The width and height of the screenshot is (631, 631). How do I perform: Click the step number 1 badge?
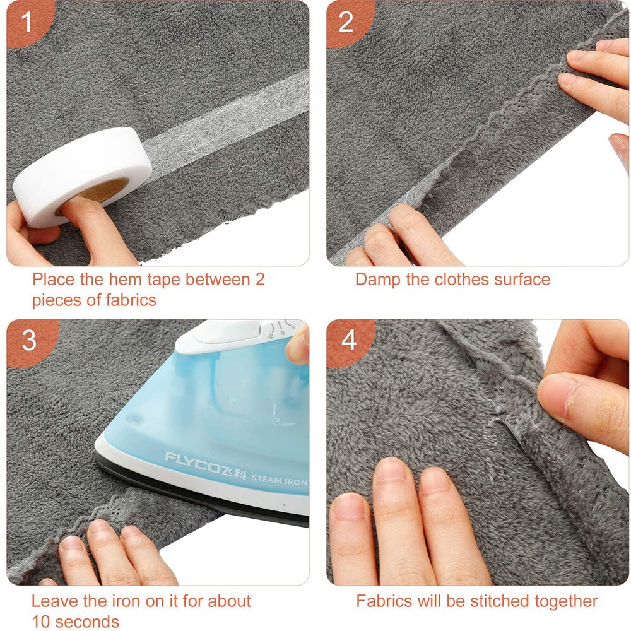tap(26, 23)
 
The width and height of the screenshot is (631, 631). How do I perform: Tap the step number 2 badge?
tap(346, 23)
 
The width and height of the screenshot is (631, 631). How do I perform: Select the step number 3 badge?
tap(29, 341)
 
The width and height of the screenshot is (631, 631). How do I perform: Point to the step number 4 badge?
tap(349, 341)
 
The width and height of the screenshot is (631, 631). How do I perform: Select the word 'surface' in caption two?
tap(521, 279)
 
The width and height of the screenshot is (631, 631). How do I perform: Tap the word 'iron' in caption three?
tap(132, 601)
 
